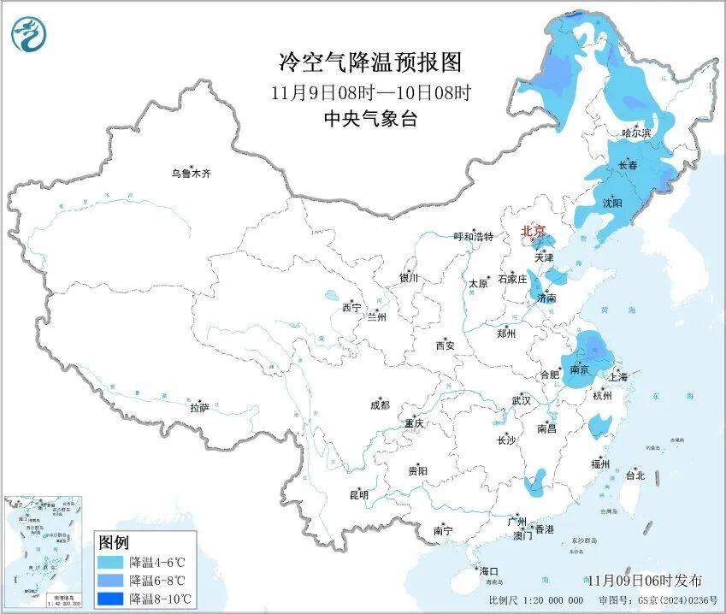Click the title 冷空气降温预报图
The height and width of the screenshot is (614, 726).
tap(370, 62)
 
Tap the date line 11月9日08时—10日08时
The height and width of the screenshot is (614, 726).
tap(370, 92)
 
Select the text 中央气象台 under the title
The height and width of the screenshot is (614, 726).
tap(370, 120)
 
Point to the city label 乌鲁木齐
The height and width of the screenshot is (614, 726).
tap(190, 174)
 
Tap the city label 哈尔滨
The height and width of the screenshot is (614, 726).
tap(636, 133)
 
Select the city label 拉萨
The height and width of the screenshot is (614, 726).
tap(199, 408)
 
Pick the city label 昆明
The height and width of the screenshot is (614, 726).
tap(358, 494)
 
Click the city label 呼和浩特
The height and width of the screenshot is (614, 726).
tap(473, 237)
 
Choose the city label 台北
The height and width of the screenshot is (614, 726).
tap(635, 475)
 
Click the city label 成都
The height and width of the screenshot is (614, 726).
tap(380, 405)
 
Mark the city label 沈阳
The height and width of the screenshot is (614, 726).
tap(612, 203)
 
